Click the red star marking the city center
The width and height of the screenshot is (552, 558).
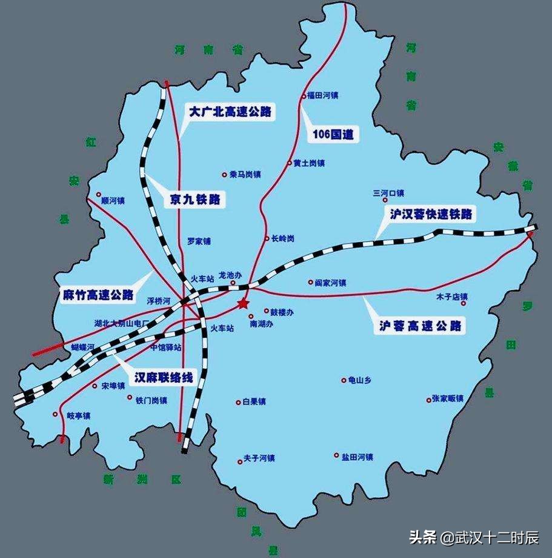pyautogui.click(x=243, y=303)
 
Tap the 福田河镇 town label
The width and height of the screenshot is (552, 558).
pyautogui.click(x=322, y=95)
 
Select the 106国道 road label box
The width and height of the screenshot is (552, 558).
pyautogui.click(x=333, y=134)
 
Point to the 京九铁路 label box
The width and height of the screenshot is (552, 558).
pyautogui.click(x=195, y=199)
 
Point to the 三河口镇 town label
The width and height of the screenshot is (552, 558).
pyautogui.click(x=388, y=193)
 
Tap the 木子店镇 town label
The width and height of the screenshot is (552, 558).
pyautogui.click(x=452, y=297)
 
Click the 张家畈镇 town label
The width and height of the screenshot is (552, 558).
pyautogui.click(x=448, y=398)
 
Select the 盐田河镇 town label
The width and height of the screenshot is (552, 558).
pyautogui.click(x=357, y=456)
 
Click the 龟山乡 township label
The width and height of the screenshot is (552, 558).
pyautogui.click(x=359, y=380)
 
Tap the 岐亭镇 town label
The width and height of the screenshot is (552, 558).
pyautogui.click(x=78, y=415)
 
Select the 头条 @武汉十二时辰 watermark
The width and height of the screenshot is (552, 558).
pyautogui.click(x=474, y=537)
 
